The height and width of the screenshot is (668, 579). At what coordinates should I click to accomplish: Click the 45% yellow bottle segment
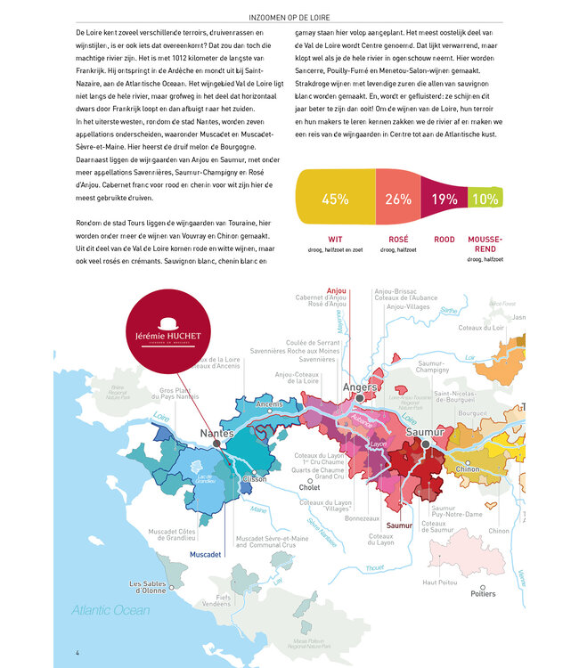335,199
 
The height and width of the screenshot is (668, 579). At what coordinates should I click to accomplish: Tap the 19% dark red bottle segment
443,199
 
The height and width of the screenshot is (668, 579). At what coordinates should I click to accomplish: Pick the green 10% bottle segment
485,199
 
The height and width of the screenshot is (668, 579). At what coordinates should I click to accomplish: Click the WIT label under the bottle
335,240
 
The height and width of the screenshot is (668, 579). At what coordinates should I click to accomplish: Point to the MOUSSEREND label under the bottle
485,243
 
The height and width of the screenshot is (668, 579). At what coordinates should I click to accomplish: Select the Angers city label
360,388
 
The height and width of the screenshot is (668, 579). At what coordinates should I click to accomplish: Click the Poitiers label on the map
482,593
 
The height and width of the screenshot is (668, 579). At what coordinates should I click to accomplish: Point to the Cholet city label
310,487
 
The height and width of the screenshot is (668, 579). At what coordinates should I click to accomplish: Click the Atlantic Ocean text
111,611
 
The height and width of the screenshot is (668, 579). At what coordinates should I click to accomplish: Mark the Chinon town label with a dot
467,468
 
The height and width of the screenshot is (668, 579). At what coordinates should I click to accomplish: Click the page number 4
78,653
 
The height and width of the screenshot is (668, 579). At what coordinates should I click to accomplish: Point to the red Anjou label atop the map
337,290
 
